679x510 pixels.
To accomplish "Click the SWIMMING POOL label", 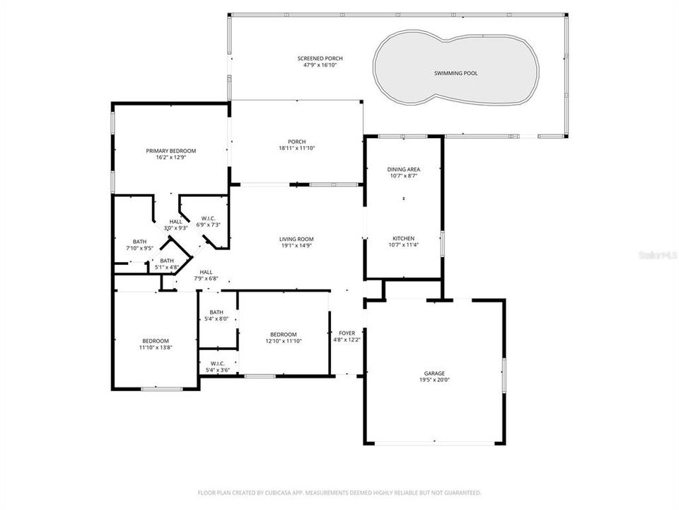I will tap(455, 73).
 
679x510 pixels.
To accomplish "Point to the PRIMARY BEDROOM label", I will tap(170, 151).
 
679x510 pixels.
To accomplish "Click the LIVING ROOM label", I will tap(296, 239).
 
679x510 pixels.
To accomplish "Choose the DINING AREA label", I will tap(403, 169).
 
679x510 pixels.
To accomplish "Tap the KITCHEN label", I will tap(403, 239).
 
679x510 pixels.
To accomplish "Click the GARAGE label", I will tap(434, 373).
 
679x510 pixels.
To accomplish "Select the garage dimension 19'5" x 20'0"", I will tap(434, 380).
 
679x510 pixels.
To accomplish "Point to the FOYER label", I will tap(347, 333).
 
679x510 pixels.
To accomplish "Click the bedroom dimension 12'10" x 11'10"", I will tap(283, 341).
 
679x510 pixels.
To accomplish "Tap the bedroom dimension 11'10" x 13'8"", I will tap(155, 347).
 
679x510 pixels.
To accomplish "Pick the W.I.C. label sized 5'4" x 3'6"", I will tap(217, 363).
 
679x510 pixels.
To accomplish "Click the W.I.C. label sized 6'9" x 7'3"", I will tap(207, 218).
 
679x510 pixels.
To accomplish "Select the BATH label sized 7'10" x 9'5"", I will tap(139, 242).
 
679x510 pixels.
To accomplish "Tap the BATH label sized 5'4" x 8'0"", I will tap(216, 312).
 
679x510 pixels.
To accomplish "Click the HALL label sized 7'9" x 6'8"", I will tap(206, 272).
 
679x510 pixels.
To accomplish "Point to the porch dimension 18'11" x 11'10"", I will tap(296, 148).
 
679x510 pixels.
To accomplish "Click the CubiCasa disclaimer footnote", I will tap(339, 492).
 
